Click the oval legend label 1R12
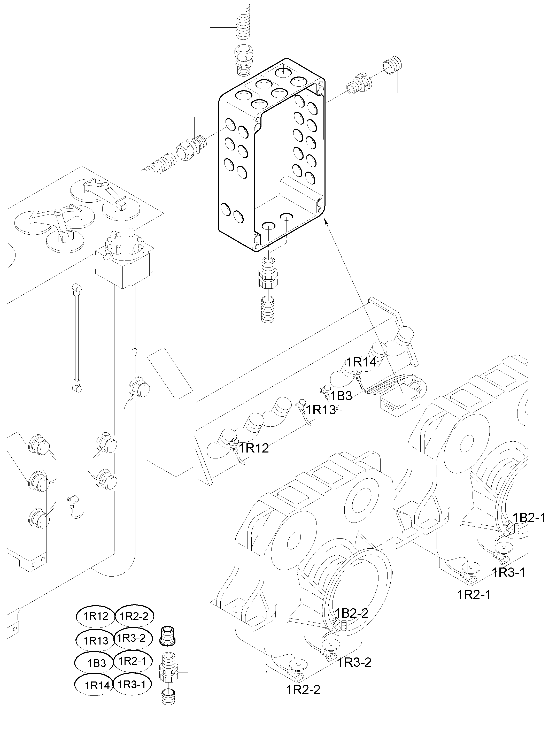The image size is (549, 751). coord(96,616)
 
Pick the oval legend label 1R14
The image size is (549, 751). coord(96,686)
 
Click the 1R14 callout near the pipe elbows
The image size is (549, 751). coord(362,362)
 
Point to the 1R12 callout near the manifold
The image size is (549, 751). coord(254,448)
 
